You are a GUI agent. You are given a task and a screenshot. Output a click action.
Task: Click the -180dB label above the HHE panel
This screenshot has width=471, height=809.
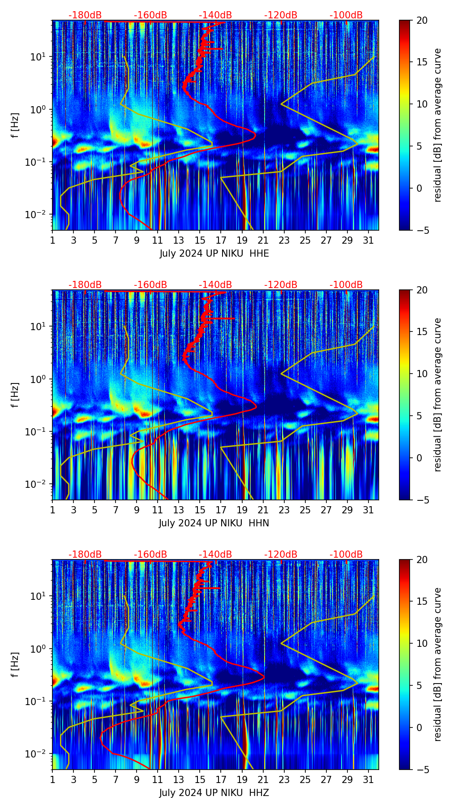click(x=85, y=15)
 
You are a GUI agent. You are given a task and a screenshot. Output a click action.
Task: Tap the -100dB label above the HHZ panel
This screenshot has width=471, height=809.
click(x=346, y=555)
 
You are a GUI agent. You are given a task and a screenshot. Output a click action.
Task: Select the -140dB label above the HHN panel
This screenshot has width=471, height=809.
click(x=215, y=285)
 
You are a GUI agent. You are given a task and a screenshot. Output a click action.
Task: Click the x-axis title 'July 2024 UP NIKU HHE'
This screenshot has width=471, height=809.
click(x=214, y=254)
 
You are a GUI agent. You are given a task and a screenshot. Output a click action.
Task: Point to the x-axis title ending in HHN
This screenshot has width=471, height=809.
click(x=214, y=523)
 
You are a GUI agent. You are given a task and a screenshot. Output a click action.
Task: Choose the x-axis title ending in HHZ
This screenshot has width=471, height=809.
click(x=214, y=793)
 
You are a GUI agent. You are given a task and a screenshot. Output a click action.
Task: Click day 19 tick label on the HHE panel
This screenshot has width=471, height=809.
click(x=242, y=240)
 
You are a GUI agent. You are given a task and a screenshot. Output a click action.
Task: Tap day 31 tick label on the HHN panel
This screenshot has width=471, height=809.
click(x=368, y=510)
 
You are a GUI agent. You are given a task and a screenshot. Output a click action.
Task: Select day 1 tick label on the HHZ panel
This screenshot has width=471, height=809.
click(x=52, y=779)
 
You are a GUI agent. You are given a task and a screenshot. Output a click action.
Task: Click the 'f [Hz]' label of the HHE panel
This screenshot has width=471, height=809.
click(x=16, y=125)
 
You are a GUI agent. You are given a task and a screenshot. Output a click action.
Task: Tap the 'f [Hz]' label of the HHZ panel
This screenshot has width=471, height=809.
click(x=16, y=664)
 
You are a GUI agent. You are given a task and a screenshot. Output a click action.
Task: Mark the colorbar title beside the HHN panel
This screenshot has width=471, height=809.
click(x=438, y=395)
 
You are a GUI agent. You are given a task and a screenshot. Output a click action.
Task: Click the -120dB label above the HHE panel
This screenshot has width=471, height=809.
click(x=281, y=15)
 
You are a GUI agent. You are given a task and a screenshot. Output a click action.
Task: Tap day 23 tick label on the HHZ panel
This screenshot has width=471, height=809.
click(x=284, y=779)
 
